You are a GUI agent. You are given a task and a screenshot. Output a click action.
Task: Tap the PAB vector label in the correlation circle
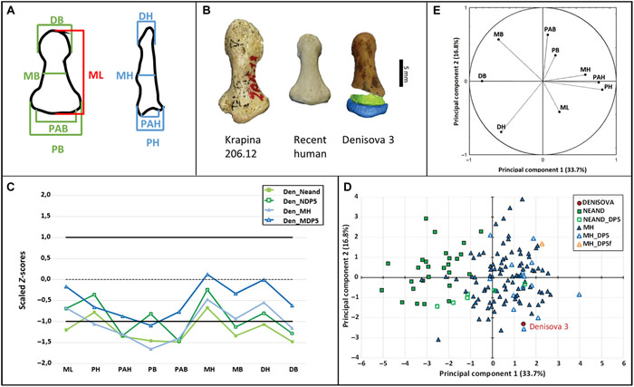(x=549, y=29)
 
